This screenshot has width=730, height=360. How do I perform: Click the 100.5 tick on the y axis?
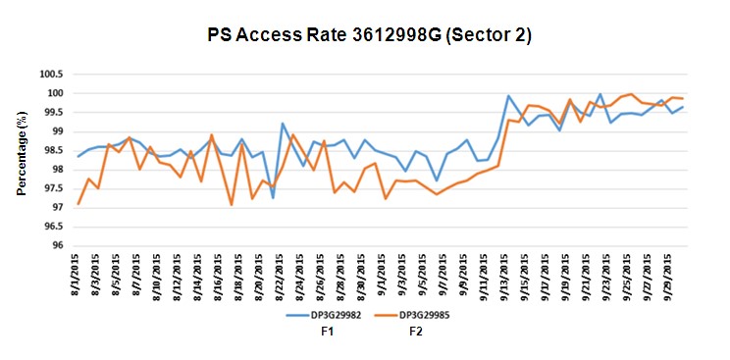tap(49, 75)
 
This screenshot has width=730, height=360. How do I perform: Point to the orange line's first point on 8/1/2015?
tap(78, 204)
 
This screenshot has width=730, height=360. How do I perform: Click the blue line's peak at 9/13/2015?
tap(508, 96)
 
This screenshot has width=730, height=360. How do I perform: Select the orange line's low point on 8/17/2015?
tap(232, 204)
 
